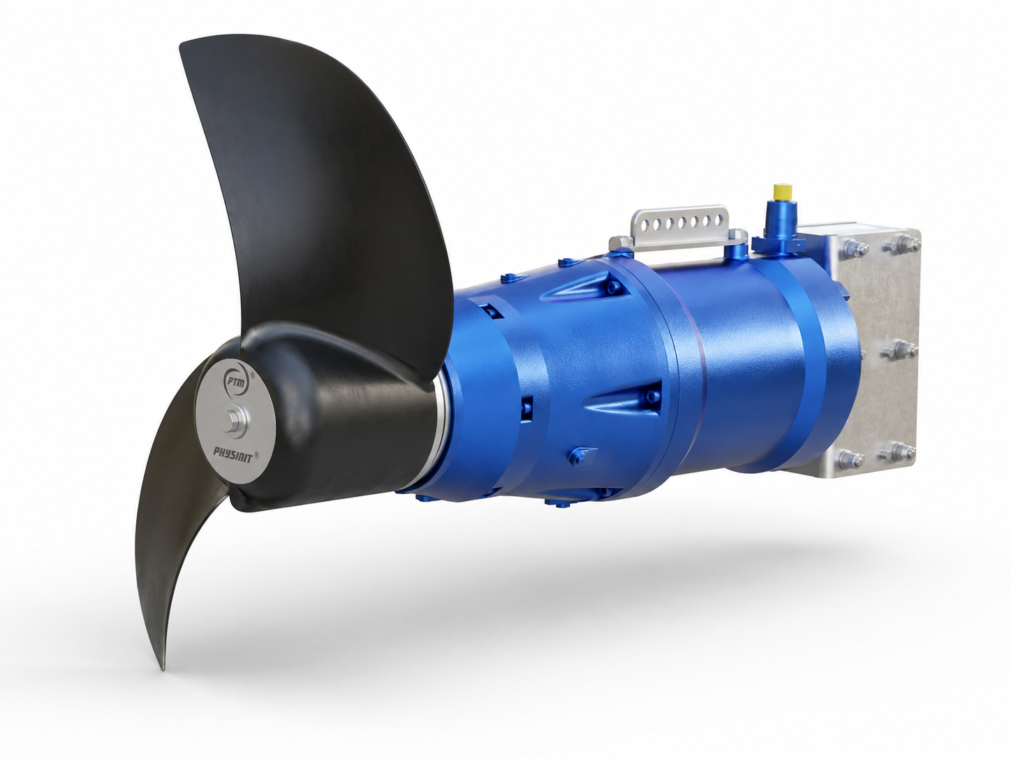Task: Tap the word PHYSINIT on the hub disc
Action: (233, 455)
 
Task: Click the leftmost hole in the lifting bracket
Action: (647, 224)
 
